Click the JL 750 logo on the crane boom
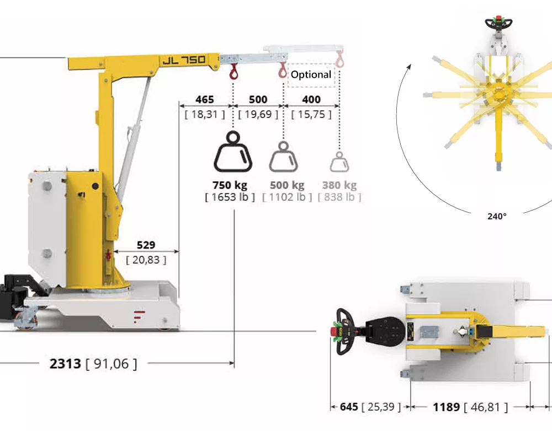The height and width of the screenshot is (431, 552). coord(184,60)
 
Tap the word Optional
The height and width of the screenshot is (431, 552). coord(311,74)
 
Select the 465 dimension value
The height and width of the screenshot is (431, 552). coord(205,100)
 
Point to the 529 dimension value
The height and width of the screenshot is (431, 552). coord(146,245)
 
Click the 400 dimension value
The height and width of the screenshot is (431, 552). coord(311,100)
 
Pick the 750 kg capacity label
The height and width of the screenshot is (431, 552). coord(230,185)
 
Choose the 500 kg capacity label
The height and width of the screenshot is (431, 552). coord(287,185)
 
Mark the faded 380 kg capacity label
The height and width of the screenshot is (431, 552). coord(339,185)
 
